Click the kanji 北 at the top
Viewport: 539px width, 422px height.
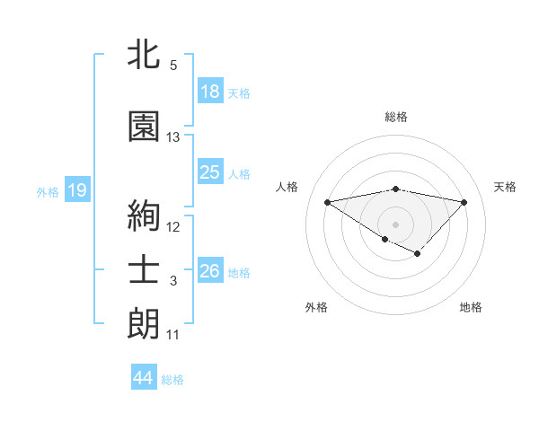point(144,55)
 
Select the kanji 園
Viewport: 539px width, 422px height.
point(144,127)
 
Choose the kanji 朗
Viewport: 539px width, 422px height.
point(144,324)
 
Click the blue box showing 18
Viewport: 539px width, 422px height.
point(210,92)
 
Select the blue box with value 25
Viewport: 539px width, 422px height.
point(210,172)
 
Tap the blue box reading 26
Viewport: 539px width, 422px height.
point(210,271)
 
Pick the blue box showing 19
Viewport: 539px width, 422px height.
point(76,190)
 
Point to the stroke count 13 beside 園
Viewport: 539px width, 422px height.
point(173,137)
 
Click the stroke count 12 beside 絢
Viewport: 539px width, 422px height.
point(173,227)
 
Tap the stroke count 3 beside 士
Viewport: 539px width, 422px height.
point(173,281)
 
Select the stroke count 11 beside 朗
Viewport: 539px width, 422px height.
point(173,335)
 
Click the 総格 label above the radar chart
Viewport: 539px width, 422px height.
point(396,117)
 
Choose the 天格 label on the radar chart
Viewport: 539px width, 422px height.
point(506,187)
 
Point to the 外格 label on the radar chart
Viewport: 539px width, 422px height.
point(316,307)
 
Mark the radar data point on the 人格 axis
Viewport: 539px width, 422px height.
point(327,201)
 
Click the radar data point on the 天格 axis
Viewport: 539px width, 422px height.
point(464,202)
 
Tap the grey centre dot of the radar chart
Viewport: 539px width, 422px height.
point(395,224)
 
